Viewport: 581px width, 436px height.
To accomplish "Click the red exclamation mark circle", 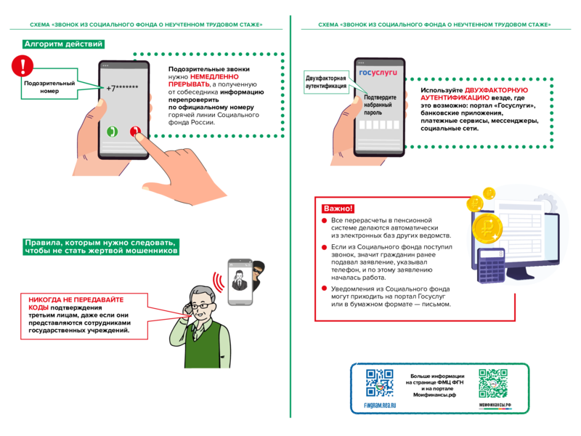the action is [x=23, y=65].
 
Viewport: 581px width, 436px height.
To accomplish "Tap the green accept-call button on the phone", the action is [x=113, y=132].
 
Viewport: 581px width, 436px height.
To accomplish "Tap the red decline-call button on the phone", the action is [x=135, y=132].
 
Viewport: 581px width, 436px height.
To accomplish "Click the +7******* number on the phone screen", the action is [x=122, y=88].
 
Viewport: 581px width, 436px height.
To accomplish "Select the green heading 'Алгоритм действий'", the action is [x=63, y=44].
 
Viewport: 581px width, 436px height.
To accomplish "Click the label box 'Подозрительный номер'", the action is [x=49, y=84].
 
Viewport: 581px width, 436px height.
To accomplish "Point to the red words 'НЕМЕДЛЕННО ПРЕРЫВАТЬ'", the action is [x=203, y=81].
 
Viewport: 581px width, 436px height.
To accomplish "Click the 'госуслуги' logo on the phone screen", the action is [x=378, y=72].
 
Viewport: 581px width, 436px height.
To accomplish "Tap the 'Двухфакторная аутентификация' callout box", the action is [x=326, y=82].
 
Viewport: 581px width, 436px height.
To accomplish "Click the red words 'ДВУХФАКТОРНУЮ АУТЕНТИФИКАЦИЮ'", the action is [x=474, y=94].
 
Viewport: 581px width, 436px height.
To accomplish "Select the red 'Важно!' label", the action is [x=338, y=209].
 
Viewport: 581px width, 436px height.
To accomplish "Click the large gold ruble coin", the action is [x=487, y=228].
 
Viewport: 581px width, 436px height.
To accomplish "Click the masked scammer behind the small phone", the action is [x=258, y=275].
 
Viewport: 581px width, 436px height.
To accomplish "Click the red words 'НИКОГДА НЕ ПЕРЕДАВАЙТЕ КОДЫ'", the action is [x=76, y=303].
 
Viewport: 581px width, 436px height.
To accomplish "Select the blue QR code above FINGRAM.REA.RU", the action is [x=379, y=383].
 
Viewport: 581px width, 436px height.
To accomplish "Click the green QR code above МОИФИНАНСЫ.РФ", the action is [x=493, y=384].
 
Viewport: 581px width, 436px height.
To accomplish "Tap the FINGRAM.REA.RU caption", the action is [x=380, y=405].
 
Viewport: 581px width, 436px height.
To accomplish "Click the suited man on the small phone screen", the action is [x=240, y=280].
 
